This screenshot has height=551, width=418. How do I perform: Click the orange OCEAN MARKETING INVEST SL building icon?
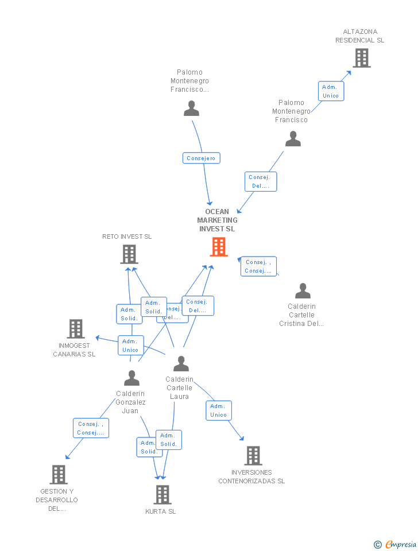(x=218, y=247)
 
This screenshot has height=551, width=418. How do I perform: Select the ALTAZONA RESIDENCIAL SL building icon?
(x=361, y=58)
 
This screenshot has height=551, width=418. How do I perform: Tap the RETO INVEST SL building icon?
(x=129, y=254)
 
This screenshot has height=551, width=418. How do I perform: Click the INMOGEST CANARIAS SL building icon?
(x=76, y=329)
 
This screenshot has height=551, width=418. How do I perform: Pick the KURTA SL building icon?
(x=162, y=494)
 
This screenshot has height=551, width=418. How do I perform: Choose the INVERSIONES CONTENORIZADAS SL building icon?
(x=253, y=456)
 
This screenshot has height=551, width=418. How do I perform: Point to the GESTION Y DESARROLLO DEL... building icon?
(x=59, y=475)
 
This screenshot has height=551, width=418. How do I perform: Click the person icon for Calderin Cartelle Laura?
(x=181, y=363)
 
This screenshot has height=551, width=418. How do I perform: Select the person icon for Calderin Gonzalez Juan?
(x=131, y=378)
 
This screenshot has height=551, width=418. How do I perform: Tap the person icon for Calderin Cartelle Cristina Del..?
(x=302, y=291)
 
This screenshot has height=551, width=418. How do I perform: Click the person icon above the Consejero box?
(x=191, y=108)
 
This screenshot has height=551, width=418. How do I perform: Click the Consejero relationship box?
(x=201, y=158)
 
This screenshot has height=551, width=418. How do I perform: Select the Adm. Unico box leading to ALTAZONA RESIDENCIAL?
(x=331, y=91)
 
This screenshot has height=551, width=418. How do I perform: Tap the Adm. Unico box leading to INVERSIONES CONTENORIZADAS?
(x=218, y=410)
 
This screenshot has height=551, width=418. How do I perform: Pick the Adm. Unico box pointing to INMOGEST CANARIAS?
(x=130, y=346)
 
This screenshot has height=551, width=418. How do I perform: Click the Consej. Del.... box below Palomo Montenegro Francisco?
(x=261, y=181)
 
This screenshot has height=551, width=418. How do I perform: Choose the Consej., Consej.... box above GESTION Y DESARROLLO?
(x=91, y=428)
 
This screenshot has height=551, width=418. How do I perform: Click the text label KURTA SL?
(x=161, y=511)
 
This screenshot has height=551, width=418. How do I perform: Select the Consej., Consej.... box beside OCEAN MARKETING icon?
(x=258, y=266)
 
